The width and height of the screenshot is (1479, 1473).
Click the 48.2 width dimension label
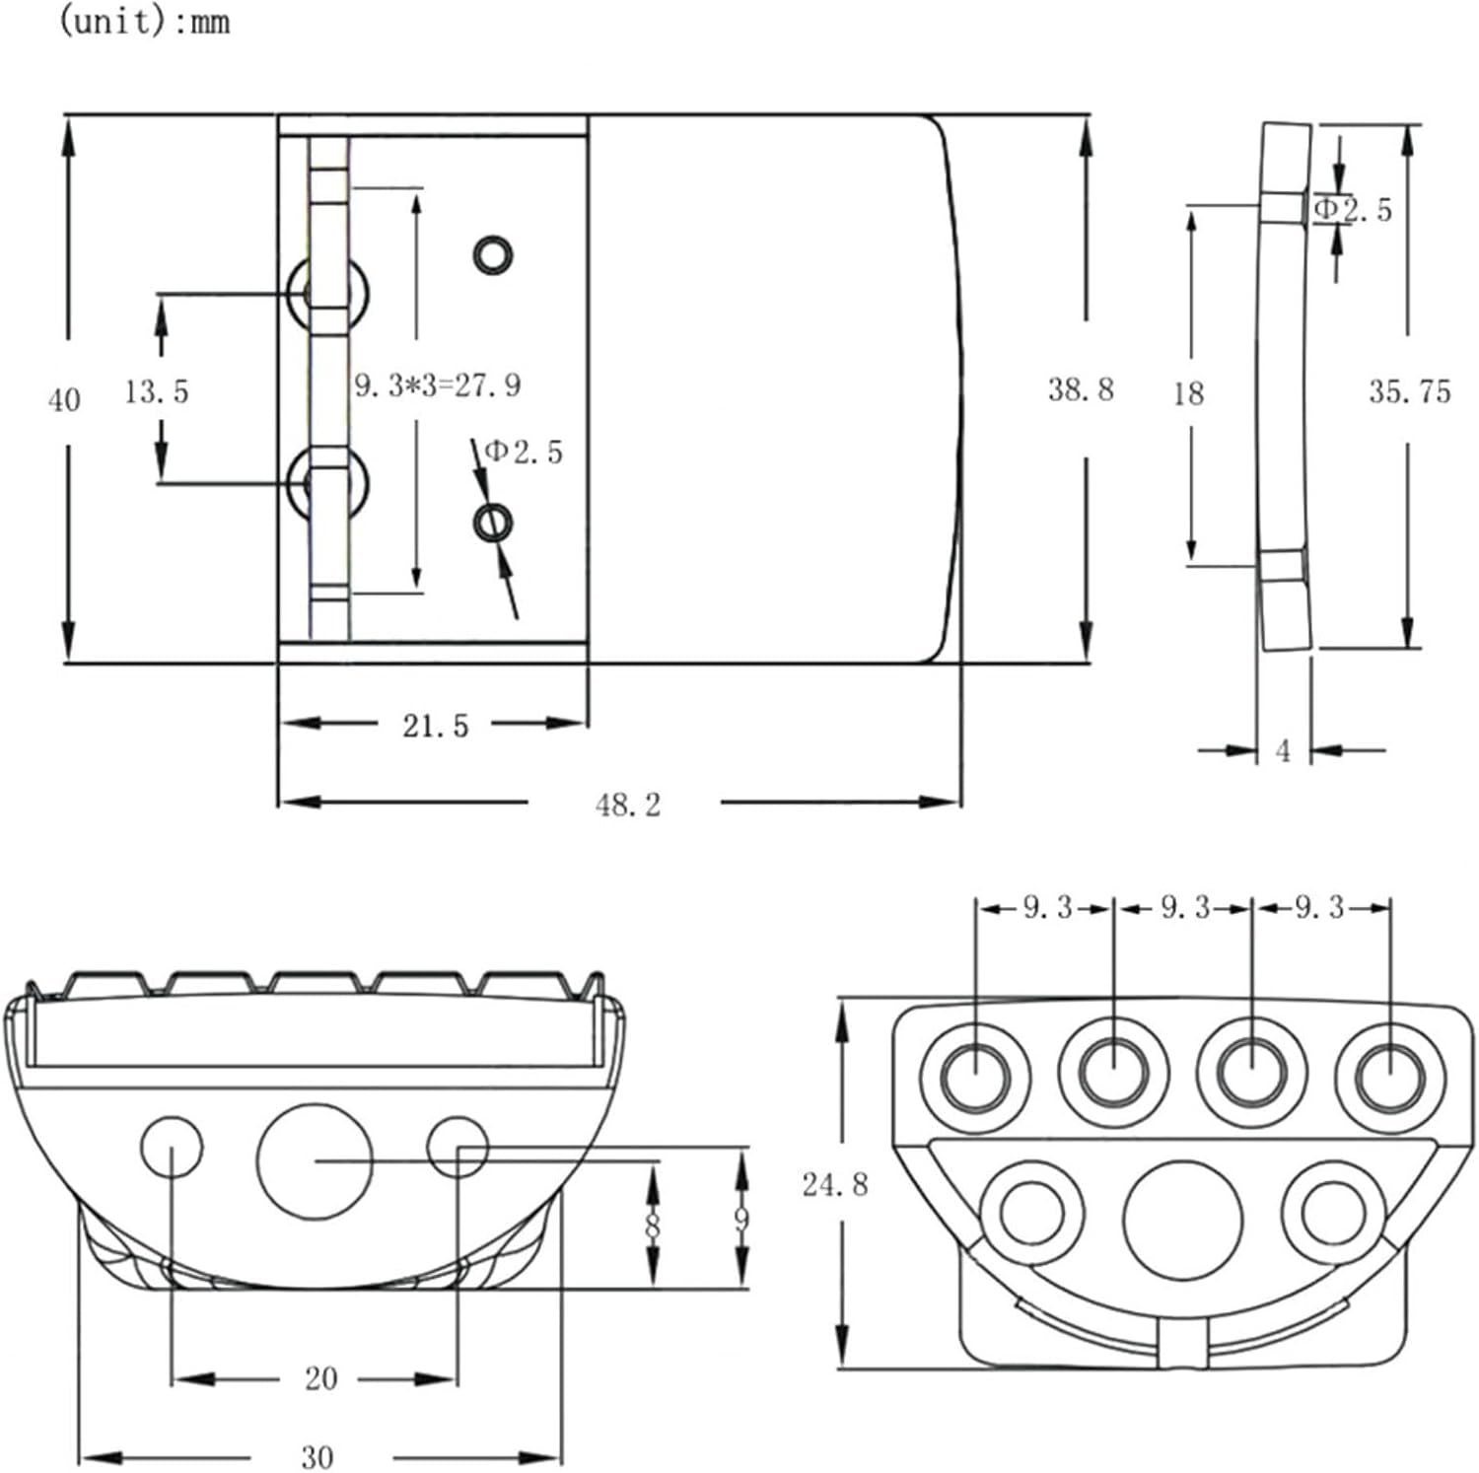point(628,805)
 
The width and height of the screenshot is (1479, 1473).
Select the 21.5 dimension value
point(435,727)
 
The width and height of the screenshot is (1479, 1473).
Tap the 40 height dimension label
point(64,400)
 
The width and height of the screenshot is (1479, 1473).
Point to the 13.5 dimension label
point(156,391)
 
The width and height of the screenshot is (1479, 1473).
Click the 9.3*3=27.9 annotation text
point(437,386)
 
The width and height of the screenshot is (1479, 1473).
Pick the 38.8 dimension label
point(1081,389)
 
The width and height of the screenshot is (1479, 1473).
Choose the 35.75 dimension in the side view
point(1409,392)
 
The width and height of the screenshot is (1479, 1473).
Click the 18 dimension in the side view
point(1188,394)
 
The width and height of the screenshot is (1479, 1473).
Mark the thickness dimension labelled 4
point(1283,751)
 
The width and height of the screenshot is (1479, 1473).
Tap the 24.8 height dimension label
point(835,1184)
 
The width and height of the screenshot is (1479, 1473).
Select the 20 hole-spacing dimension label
point(320,1378)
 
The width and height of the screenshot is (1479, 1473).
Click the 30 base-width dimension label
point(317,1457)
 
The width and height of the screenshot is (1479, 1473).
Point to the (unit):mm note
point(145,21)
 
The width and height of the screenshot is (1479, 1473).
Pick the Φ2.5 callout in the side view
point(1355,209)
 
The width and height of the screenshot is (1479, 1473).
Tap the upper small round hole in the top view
point(493,255)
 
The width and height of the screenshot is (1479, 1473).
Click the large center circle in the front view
point(315,1161)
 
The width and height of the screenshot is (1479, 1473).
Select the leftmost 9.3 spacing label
point(1046,907)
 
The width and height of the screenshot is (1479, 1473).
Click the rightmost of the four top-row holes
point(1389,1076)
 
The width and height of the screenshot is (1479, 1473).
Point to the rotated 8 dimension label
point(653,1227)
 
